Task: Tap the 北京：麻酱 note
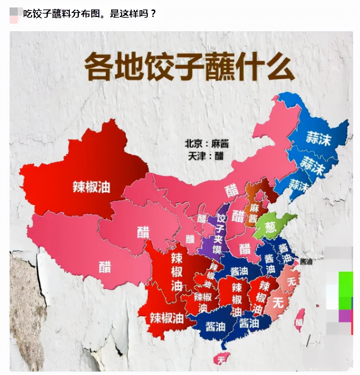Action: (x=206, y=144)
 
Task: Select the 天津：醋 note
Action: (x=206, y=156)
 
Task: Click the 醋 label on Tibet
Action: (x=105, y=267)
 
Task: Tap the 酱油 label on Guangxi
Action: (x=215, y=326)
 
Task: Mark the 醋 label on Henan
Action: (x=245, y=249)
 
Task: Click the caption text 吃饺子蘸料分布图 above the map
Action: (x=63, y=14)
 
